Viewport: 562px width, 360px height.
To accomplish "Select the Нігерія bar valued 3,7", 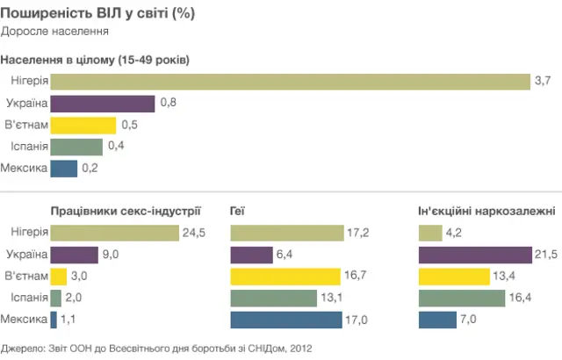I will coord(290,82).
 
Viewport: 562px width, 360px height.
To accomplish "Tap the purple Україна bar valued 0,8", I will coord(103,104).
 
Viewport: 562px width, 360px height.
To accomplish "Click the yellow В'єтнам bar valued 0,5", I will coord(83,125).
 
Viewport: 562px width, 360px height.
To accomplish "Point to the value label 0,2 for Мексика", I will coord(90,168).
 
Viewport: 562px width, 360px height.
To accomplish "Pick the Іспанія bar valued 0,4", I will coord(76,147).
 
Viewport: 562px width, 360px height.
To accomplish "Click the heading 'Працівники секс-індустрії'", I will coord(126,211).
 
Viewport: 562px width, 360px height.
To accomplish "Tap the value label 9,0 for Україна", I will coord(111,255).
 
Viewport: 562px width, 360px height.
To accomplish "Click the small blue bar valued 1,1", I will coord(54,320).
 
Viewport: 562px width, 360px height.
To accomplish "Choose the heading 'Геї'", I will coord(237,211).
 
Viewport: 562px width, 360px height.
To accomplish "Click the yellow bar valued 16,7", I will coord(285,277).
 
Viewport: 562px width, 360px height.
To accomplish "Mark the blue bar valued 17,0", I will coord(286,320).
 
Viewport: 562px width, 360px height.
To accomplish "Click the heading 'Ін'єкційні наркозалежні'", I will coord(486,211).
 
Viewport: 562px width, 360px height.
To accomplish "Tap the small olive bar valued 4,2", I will coord(430,233).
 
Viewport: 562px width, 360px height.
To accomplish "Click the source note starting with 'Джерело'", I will coord(156,349).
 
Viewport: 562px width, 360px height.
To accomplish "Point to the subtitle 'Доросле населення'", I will coord(54,32).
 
